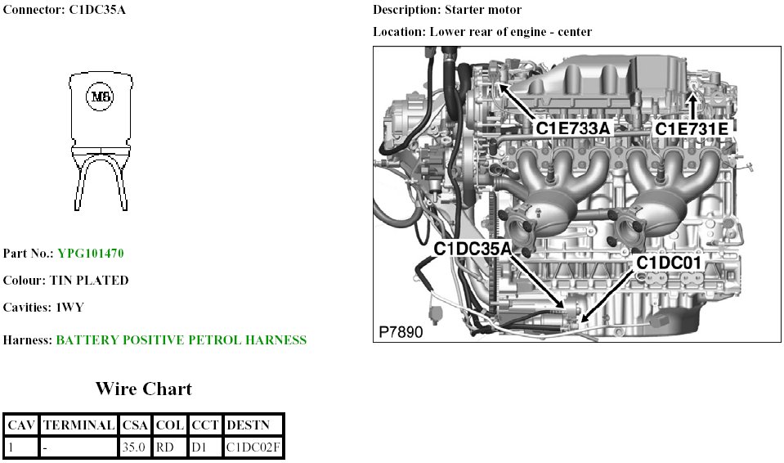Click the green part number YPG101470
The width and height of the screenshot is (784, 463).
(x=91, y=254)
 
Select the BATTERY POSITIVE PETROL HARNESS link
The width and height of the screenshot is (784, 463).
(x=181, y=340)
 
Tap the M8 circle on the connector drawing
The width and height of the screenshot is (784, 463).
(x=100, y=97)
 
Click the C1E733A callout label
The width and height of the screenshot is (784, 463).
(x=574, y=128)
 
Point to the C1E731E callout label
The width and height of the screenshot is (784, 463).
(x=691, y=128)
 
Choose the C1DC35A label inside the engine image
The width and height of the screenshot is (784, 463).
(x=472, y=248)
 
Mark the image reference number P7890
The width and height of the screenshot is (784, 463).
(x=401, y=333)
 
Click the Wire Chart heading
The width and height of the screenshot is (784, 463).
(x=143, y=389)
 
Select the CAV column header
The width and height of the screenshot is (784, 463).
(x=20, y=425)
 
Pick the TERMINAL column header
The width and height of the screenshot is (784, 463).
(x=78, y=425)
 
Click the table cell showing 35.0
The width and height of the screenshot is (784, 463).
(x=134, y=447)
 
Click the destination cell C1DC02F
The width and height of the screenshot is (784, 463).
(x=253, y=447)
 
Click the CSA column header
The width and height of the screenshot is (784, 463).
(x=134, y=425)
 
